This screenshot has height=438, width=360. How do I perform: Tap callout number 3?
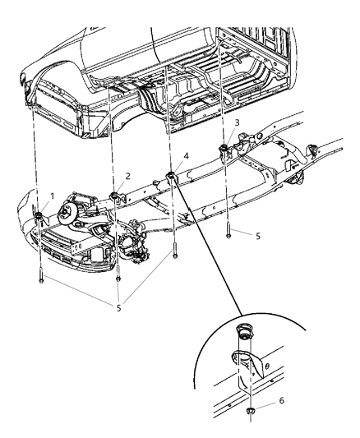click(237, 122)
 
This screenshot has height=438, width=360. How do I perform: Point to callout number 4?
click(186, 155)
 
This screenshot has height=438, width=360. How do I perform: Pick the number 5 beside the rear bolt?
click(257, 235)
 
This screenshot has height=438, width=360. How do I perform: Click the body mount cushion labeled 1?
click(39, 215)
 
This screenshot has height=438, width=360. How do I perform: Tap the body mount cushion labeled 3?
click(222, 149)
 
